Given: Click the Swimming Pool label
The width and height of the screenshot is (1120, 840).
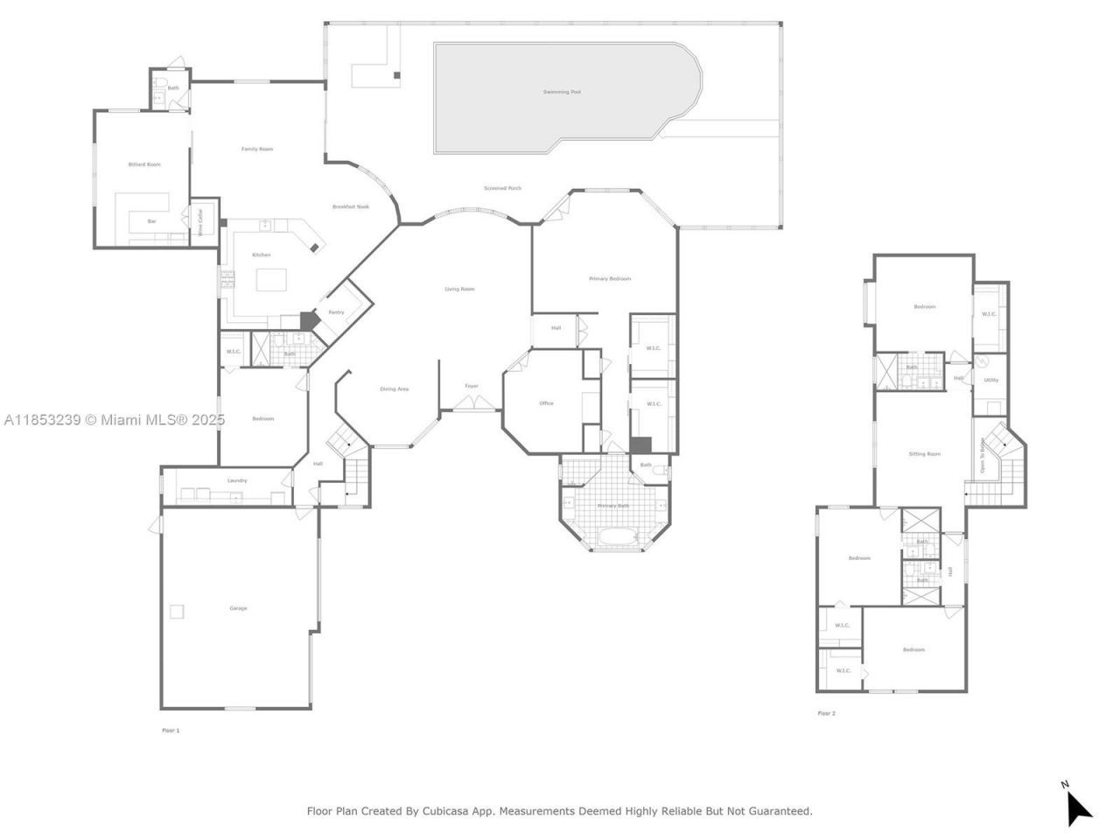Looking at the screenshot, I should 561,92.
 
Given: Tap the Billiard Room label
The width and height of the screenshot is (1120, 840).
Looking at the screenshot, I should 144,164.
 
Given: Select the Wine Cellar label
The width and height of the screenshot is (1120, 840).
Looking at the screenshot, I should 200,223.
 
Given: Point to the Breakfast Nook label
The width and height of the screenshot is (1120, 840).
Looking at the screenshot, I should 350,206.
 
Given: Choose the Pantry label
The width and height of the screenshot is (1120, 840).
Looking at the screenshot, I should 336,312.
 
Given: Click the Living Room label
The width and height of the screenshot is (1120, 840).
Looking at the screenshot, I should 459,289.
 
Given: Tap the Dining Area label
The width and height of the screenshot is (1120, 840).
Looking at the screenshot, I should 394,388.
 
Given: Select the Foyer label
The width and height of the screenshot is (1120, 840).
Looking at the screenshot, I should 472,386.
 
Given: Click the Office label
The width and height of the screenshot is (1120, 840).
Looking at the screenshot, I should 546,403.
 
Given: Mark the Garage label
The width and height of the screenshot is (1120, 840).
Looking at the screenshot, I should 238,608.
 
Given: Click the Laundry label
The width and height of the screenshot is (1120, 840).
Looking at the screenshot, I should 237,480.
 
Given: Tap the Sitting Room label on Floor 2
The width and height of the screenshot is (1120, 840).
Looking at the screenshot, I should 924,454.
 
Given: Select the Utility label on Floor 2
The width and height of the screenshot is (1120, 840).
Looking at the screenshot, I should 990,380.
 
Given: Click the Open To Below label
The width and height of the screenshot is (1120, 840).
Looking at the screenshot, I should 983,455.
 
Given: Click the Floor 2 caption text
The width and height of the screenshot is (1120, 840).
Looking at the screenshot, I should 826,713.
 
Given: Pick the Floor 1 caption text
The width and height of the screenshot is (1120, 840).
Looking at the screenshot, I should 171,730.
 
